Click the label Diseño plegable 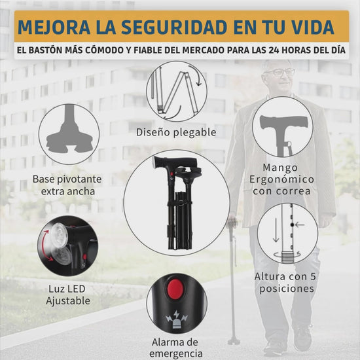[176, 132]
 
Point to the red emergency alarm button [175, 288]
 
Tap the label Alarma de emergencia [175, 348]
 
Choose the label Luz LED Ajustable [68, 295]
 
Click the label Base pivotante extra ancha [67, 185]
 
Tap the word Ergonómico [281, 179]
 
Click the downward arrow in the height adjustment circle [276, 230]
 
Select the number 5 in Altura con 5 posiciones [313, 276]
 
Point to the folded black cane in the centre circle [177, 203]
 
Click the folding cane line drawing [176, 92]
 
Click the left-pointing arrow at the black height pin [300, 225]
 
